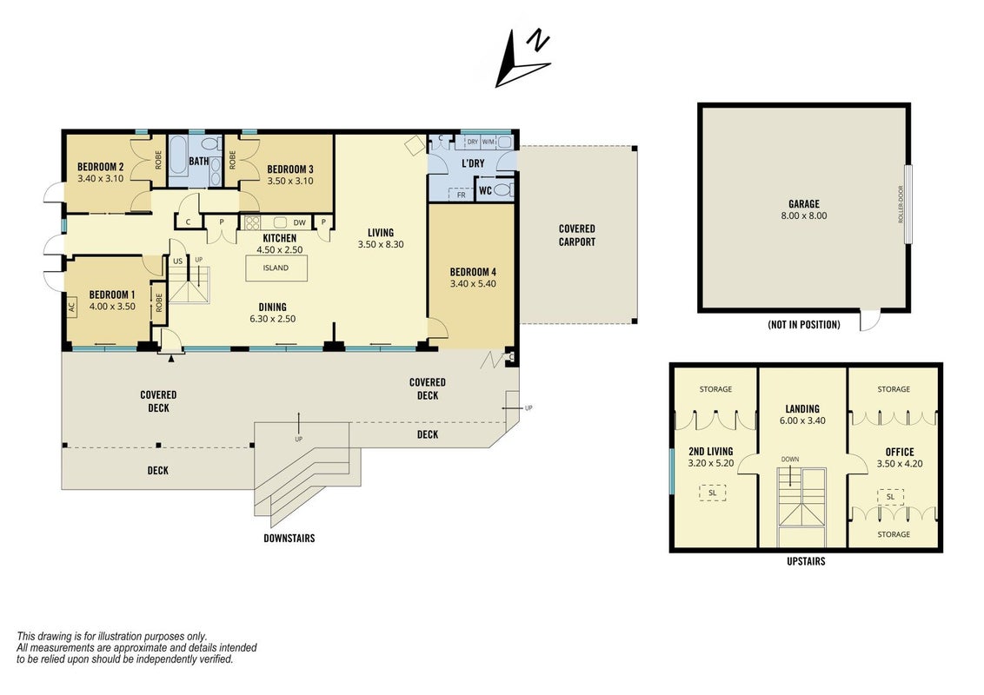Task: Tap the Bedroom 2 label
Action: click(x=101, y=167)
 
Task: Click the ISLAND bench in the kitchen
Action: click(x=276, y=268)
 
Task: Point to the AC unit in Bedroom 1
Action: click(x=71, y=307)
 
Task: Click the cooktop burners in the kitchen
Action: click(x=252, y=222)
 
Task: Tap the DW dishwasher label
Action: click(x=299, y=222)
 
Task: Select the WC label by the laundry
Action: click(x=485, y=190)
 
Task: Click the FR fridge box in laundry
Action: click(x=462, y=195)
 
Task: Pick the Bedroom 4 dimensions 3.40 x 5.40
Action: click(x=473, y=283)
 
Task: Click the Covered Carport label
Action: click(x=576, y=235)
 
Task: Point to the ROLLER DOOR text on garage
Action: click(x=901, y=204)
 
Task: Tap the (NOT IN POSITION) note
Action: click(x=804, y=324)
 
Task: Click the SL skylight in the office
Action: click(x=890, y=497)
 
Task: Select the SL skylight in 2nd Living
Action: click(x=712, y=493)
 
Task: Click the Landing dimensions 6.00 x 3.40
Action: click(x=802, y=420)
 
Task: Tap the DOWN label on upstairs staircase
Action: click(x=790, y=460)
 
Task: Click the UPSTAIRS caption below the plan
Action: click(x=806, y=561)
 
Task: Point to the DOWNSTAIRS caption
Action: click(x=289, y=538)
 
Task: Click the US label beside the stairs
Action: click(x=178, y=261)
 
